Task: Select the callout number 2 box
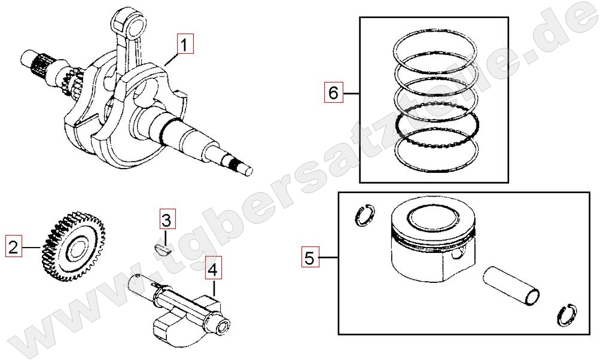(13, 246)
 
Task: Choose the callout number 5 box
(310, 257)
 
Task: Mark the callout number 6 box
(333, 92)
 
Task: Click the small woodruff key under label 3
(161, 249)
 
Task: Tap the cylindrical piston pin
(511, 285)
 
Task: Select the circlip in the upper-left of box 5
(364, 215)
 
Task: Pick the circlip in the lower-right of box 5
(567, 315)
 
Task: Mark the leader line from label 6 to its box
(351, 93)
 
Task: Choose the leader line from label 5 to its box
(328, 257)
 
